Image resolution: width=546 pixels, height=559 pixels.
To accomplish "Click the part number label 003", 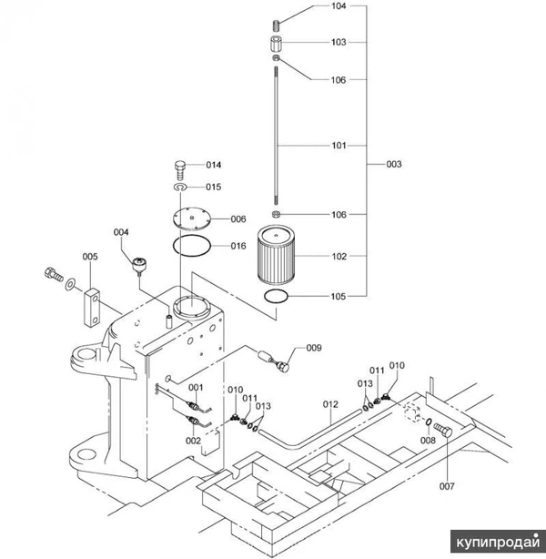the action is coord(394,165).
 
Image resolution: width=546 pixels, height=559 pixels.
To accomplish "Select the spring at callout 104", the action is coord(277,25).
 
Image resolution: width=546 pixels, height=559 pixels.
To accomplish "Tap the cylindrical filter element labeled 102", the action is coord(276,255).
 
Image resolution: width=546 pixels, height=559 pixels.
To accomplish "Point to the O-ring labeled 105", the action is coord(276,296).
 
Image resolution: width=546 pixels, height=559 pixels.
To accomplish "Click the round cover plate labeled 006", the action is coord(192,218).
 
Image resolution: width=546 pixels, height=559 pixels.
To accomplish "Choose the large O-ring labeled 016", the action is coord(192,246).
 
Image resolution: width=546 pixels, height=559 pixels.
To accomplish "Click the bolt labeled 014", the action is coord(180,171).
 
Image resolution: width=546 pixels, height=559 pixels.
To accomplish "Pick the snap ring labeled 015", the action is coord(180,188).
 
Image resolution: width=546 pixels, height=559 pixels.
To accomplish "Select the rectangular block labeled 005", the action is coord(92,308).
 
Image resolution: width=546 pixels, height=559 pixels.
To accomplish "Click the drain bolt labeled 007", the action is coord(443,431).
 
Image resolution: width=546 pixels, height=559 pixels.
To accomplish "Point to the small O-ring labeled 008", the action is coord(430,422).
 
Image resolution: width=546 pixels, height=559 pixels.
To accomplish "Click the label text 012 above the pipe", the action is coord(330,404).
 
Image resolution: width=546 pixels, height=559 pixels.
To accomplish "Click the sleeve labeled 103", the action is coord(276,44).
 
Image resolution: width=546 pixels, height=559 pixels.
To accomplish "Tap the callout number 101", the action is coord(339,146).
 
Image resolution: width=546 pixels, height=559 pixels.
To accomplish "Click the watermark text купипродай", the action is coord(498,542).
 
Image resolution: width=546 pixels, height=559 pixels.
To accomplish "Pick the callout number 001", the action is coord(196,388).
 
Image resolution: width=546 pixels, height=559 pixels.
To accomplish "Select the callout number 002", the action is coord(193,441).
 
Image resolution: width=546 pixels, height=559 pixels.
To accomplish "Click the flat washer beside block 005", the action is coord(70,284).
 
